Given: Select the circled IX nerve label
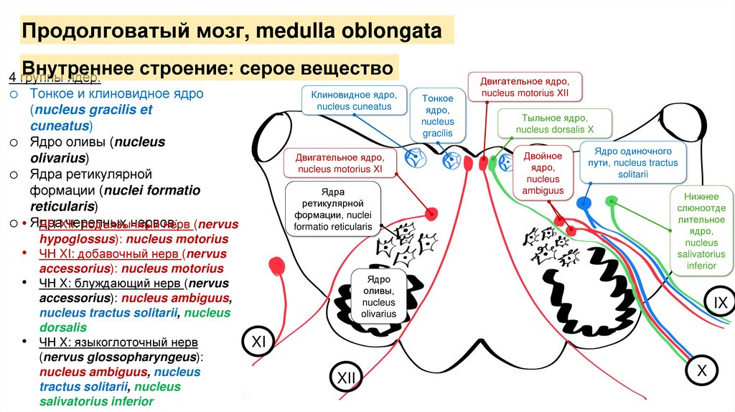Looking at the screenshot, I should [x=720, y=304].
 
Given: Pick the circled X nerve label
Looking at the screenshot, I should [x=702, y=370].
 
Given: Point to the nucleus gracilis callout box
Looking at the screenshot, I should [x=437, y=116].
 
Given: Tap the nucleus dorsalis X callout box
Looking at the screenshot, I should [x=555, y=123].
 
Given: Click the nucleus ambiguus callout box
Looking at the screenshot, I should [x=543, y=173].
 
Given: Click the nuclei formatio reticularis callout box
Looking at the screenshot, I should [x=332, y=209].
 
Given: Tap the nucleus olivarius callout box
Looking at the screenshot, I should [x=378, y=294].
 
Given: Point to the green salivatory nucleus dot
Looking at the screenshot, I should [x=612, y=200].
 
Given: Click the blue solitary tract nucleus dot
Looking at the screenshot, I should [x=585, y=203].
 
